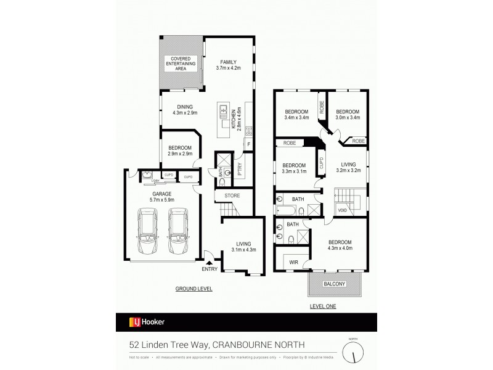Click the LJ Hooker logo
(147, 322)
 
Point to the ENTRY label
(210, 269)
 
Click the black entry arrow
(209, 262)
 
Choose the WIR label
(294, 262)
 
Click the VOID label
(342, 210)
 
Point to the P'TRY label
(239, 167)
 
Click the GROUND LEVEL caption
(194, 289)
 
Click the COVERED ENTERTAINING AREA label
(181, 64)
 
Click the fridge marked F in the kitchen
(248, 145)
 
